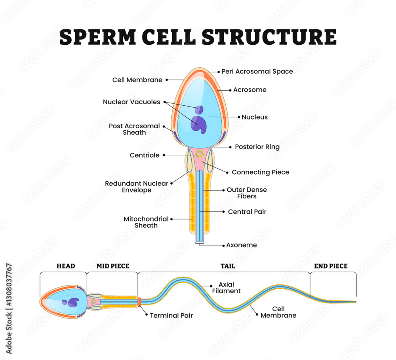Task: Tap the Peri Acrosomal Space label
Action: pyautogui.click(x=257, y=72)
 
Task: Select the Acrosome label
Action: pyautogui.click(x=249, y=90)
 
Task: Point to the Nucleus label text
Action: pyautogui.click(x=255, y=117)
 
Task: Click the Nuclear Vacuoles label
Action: pyautogui.click(x=131, y=102)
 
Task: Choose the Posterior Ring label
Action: pyautogui.click(x=257, y=147)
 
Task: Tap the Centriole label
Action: pyautogui.click(x=145, y=155)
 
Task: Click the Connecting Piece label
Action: pyautogui.click(x=260, y=172)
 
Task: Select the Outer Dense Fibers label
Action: pyautogui.click(x=247, y=193)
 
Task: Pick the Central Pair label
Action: pyautogui.click(x=247, y=212)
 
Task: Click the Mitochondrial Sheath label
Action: pyautogui.click(x=146, y=222)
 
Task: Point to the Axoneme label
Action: pyautogui.click(x=241, y=245)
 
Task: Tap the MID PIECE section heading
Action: pyautogui.click(x=113, y=266)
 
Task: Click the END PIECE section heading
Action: pyautogui.click(x=331, y=266)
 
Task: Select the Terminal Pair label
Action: pyautogui.click(x=171, y=316)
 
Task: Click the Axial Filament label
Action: pyautogui.click(x=229, y=288)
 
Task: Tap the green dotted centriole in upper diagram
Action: pyautogui.click(x=200, y=154)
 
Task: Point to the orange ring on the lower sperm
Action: pyautogui.click(x=139, y=302)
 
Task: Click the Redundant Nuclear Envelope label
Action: pyautogui.click(x=137, y=187)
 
